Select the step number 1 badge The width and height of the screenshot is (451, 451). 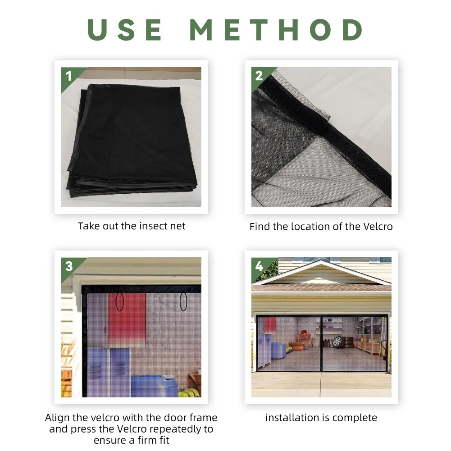[x=68, y=76]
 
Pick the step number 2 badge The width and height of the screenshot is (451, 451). [x=259, y=76]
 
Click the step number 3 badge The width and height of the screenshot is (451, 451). [x=68, y=266]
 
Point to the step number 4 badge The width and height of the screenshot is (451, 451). [x=259, y=266]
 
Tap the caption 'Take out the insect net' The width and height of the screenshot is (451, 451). [x=132, y=226]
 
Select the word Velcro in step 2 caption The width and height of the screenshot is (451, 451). [x=376, y=227]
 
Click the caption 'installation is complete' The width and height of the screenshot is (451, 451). [x=321, y=418]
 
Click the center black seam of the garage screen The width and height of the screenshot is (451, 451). [x=321, y=342]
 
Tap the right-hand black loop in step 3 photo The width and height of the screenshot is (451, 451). [x=183, y=302]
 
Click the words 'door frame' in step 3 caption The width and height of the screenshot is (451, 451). [x=192, y=418]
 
